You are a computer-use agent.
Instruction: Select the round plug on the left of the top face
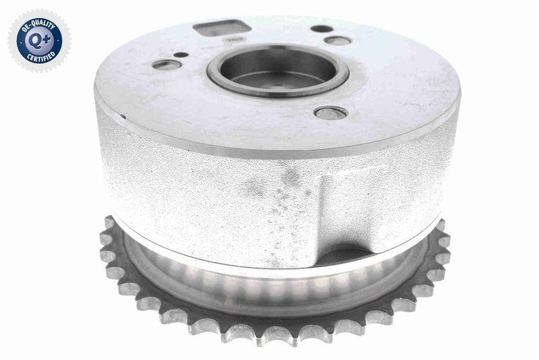pyautogui.click(x=167, y=65)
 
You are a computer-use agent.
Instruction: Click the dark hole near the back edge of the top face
pyautogui.click(x=323, y=29)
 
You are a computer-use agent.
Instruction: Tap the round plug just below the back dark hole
pyautogui.click(x=337, y=40)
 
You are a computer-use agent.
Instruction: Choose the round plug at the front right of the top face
pyautogui.click(x=331, y=113)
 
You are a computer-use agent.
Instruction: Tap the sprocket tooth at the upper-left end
pyautogui.click(x=108, y=222)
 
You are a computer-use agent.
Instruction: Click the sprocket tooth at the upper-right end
pyautogui.click(x=441, y=225)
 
